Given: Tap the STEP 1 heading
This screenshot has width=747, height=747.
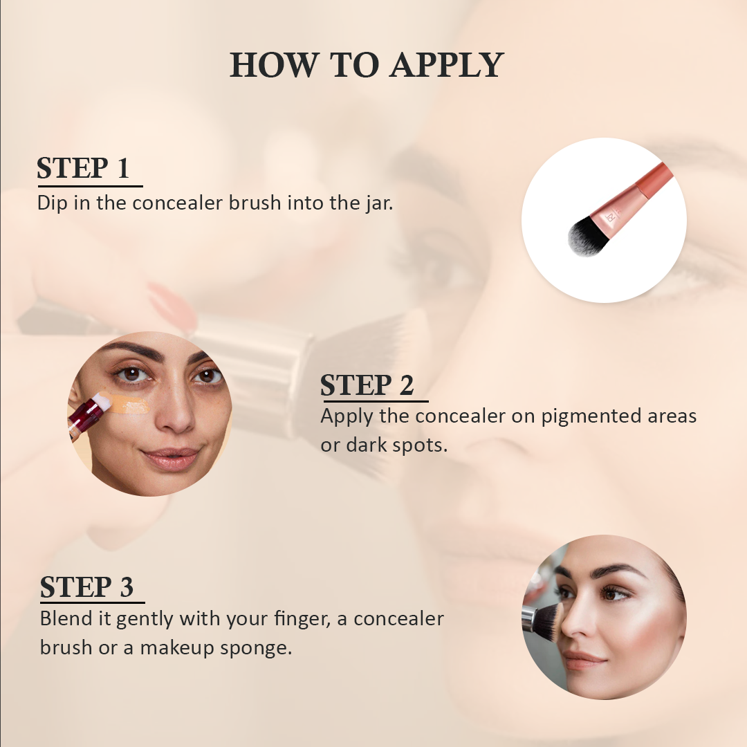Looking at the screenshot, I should click(x=84, y=168).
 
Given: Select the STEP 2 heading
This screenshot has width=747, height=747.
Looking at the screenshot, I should click(x=367, y=385).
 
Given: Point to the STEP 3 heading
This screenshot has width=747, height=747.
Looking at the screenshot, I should click(x=87, y=587).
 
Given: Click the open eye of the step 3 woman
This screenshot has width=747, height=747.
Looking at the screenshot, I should click(x=611, y=593).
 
